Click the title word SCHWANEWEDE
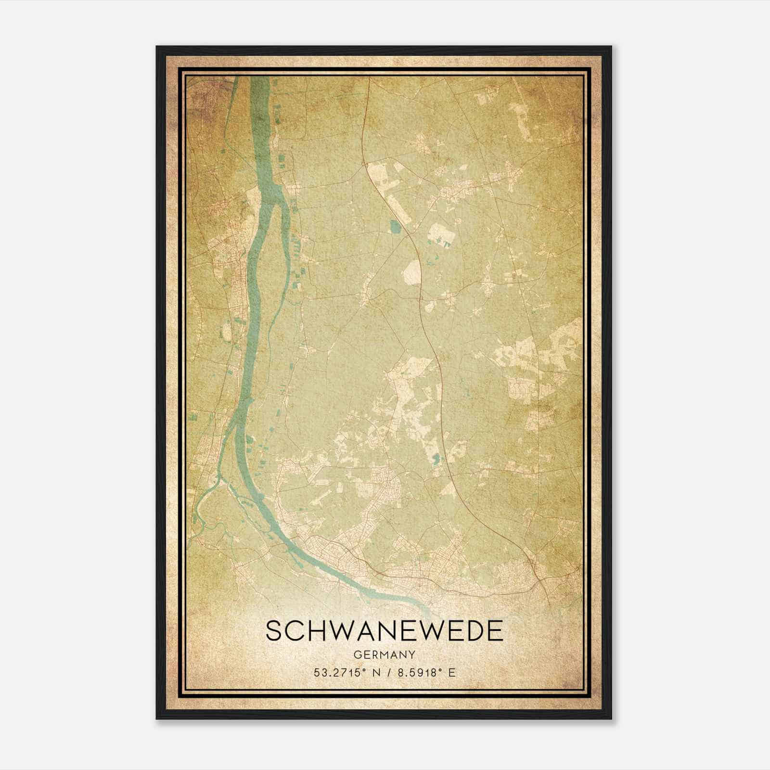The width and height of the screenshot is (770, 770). pyautogui.click(x=384, y=631)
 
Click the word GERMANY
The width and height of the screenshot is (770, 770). pyautogui.click(x=384, y=655)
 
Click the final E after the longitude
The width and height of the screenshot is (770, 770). pyautogui.click(x=451, y=673)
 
